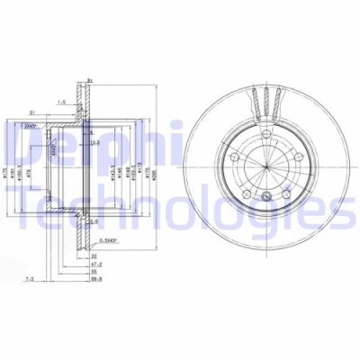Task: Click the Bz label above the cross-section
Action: click(x=90, y=80)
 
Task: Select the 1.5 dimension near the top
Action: click(x=63, y=103)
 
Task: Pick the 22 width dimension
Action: click(x=93, y=256)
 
